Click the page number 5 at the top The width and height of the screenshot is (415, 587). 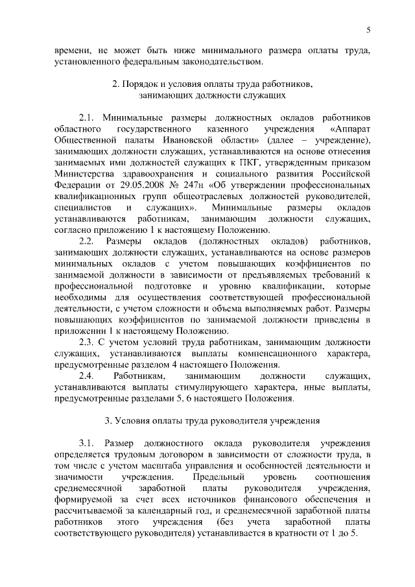[x=368, y=30]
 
